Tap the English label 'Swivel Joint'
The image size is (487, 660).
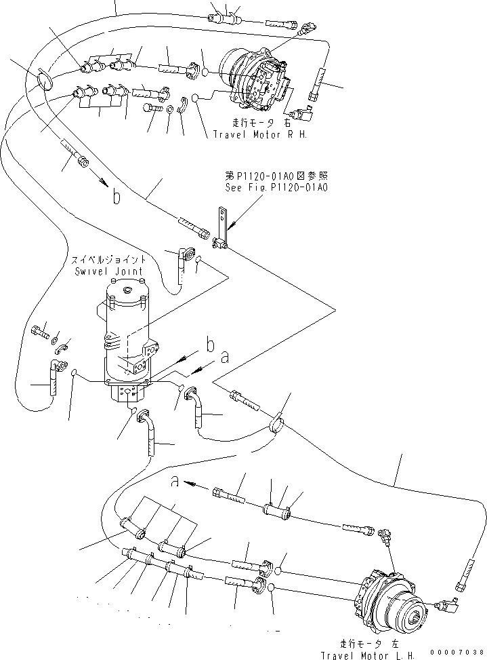tap(118, 271)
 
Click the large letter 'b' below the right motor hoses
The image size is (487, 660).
tap(117, 197)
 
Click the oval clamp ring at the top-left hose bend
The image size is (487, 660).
tap(43, 80)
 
